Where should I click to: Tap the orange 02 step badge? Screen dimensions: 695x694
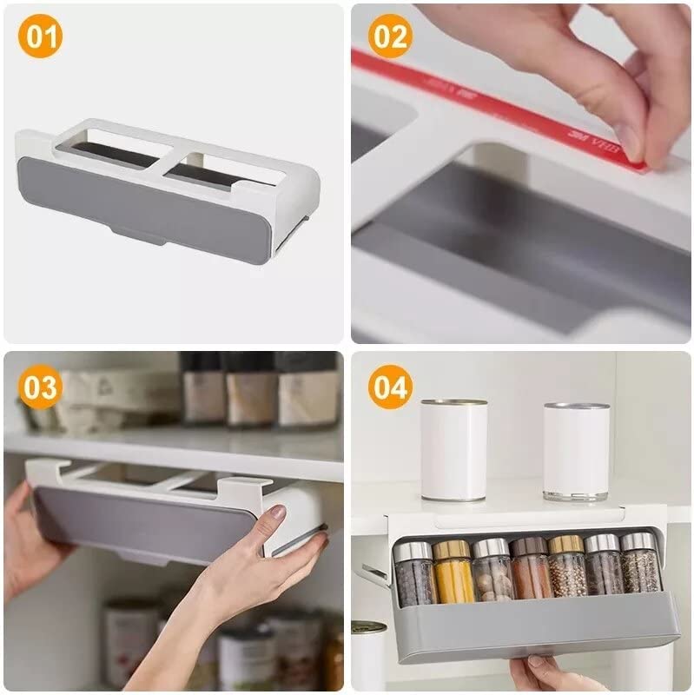coord(390,40)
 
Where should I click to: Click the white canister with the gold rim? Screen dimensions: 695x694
coord(453,450)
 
